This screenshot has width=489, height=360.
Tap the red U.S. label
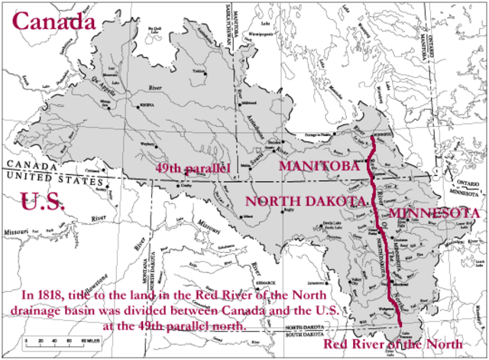(x=43, y=202)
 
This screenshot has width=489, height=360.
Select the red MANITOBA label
(x=318, y=166)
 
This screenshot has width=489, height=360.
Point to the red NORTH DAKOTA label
(x=305, y=200)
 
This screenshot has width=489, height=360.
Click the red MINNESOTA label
(x=432, y=212)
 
